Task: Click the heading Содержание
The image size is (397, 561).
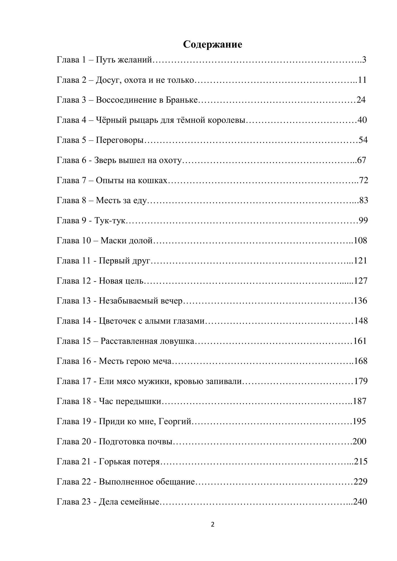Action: (212, 45)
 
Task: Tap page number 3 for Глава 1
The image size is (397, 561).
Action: (364, 60)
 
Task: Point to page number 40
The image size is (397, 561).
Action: (362, 120)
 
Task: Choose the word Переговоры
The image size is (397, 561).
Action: (120, 140)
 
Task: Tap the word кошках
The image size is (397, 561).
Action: (152, 180)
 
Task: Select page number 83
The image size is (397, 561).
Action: (363, 200)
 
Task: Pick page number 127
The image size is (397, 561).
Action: (361, 281)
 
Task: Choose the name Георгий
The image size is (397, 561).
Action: (175, 422)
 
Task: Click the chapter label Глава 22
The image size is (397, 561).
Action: (74, 482)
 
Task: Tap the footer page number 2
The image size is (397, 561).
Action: (213, 525)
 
